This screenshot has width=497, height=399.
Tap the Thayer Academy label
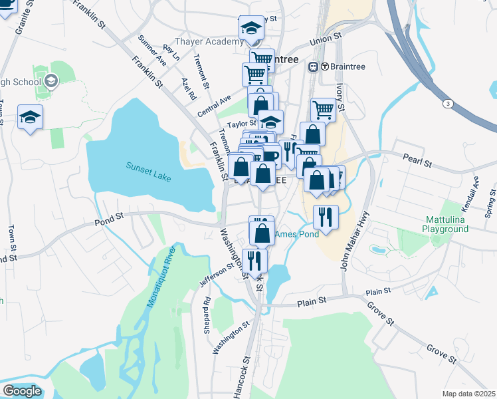pos(210,42)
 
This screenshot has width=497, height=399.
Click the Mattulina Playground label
pos(454,224)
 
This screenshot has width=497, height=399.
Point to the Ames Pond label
pos(297,233)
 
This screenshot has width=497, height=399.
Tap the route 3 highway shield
pos(448,104)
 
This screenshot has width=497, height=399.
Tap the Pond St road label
pos(109,216)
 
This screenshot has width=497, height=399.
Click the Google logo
pos(22,391)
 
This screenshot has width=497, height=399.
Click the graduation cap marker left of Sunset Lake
pos(30,118)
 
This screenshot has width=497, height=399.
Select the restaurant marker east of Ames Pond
pos(326,217)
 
